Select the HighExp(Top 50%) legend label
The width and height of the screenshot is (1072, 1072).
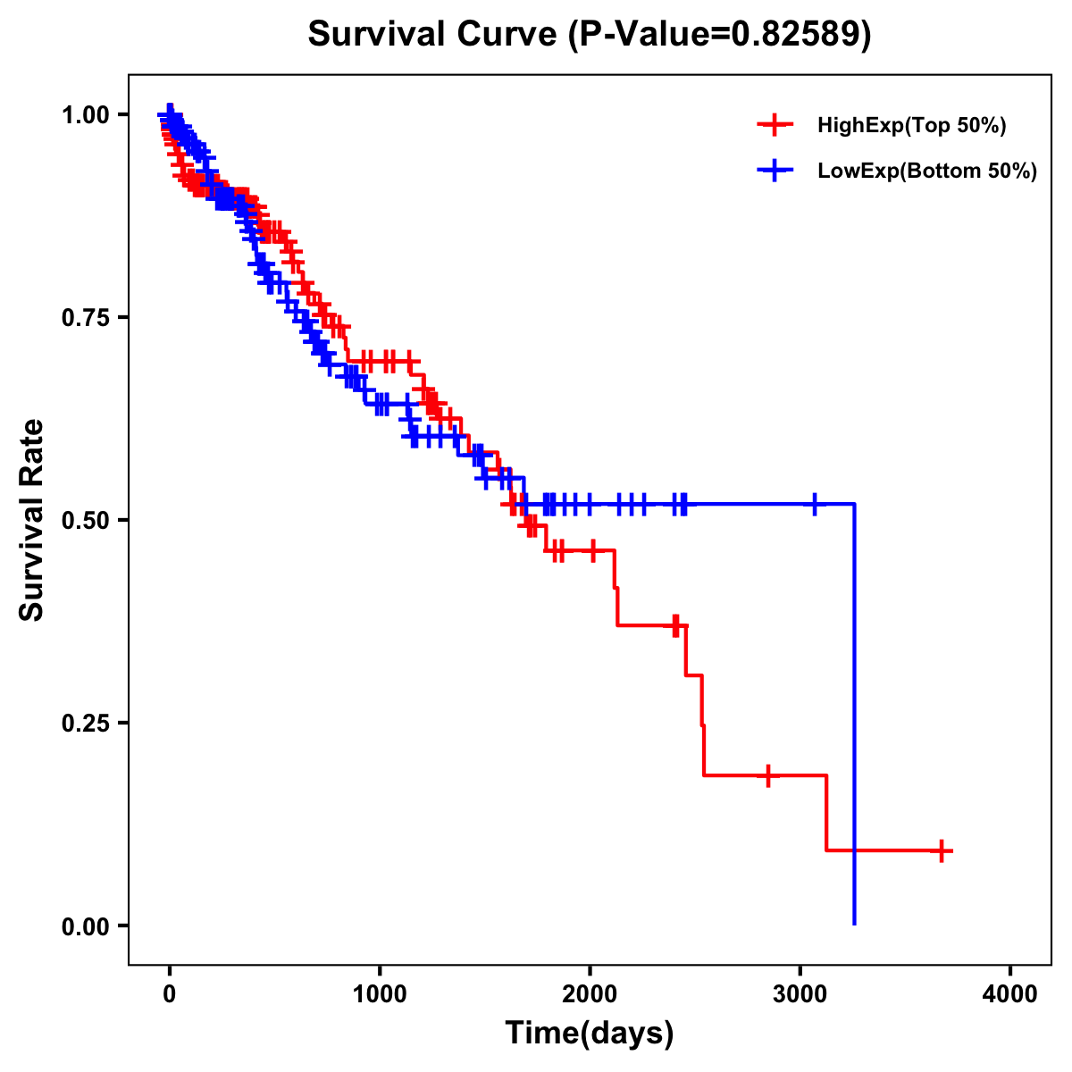click(x=911, y=126)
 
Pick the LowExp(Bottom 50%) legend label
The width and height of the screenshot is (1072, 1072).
click(x=927, y=171)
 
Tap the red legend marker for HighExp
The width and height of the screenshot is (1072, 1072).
click(x=775, y=126)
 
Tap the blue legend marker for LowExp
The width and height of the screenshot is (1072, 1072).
click(x=775, y=171)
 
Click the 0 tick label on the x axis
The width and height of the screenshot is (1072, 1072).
click(x=170, y=994)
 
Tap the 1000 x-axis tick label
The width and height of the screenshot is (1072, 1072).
click(x=380, y=994)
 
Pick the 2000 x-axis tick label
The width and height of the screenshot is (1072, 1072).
click(x=590, y=994)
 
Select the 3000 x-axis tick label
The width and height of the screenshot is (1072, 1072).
click(x=800, y=994)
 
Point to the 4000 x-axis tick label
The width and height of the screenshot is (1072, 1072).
click(x=1010, y=994)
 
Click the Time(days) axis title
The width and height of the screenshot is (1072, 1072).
click(x=590, y=1034)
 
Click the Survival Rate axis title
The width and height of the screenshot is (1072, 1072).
click(x=32, y=520)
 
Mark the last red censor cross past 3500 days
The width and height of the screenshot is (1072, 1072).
click(x=941, y=850)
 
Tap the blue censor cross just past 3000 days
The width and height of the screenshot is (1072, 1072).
click(x=815, y=504)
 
